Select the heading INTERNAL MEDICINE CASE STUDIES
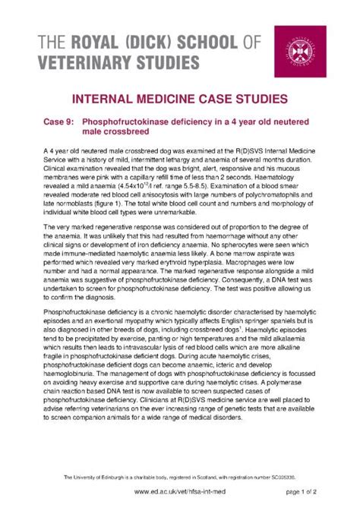[180, 99]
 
